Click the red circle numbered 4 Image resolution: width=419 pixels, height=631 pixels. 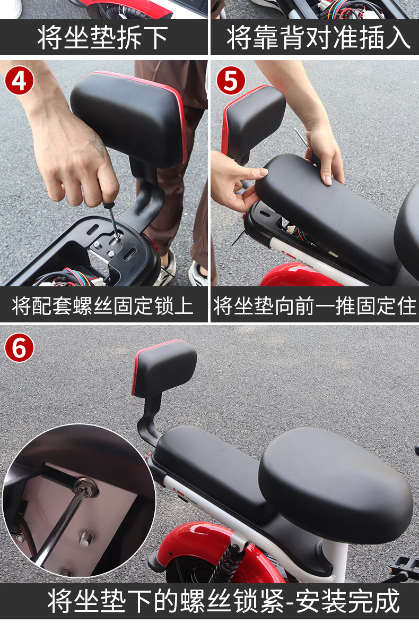pyautogui.click(x=19, y=82)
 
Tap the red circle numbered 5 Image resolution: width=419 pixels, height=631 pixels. pyautogui.click(x=231, y=82)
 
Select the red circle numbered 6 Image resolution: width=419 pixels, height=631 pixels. pyautogui.click(x=19, y=348)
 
